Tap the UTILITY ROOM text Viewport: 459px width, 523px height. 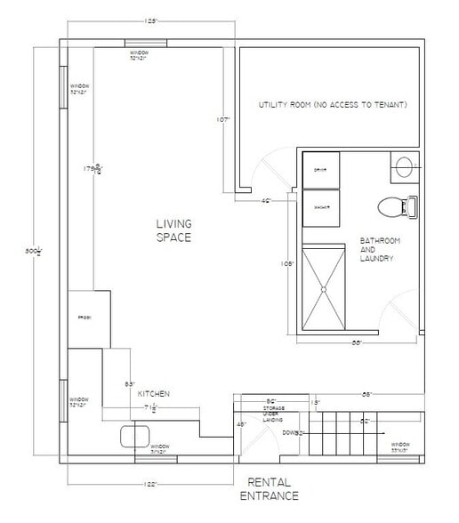tap(333, 105)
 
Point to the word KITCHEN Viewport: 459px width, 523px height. tap(153, 393)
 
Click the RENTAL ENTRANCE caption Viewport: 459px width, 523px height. tap(273, 488)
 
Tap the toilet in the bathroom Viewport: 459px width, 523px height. tap(392, 206)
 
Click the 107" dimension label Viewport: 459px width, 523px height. tap(224, 118)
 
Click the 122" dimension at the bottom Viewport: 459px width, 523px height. tap(150, 484)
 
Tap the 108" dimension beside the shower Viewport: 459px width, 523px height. tap(287, 264)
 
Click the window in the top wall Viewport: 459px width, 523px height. tap(140, 43)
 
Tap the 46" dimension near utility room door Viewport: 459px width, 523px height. tap(266, 201)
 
